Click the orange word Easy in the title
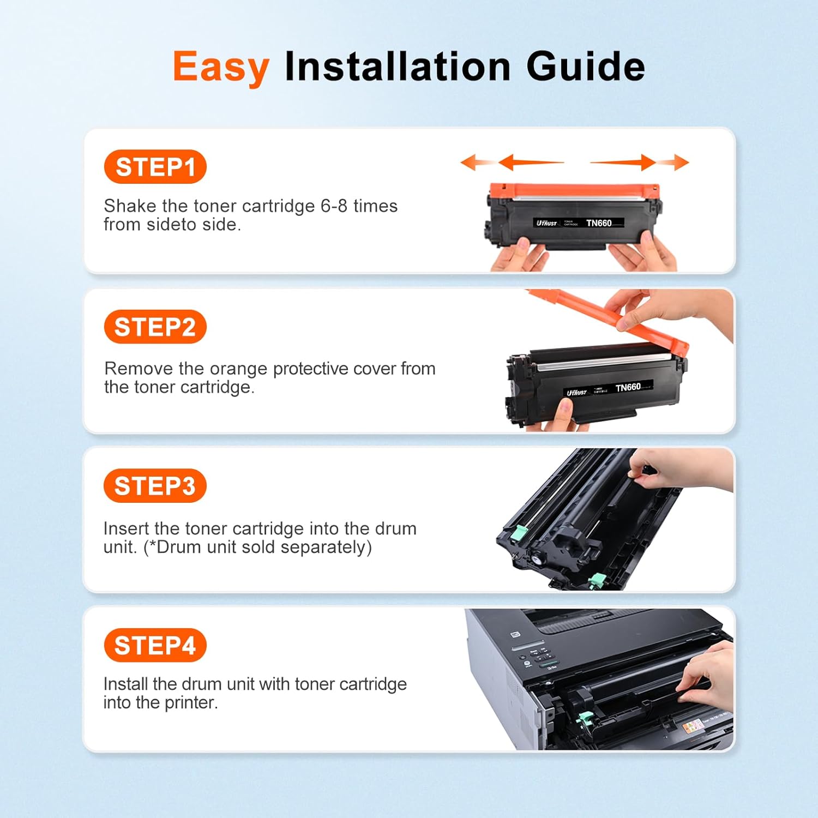click(221, 67)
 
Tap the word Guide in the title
click(585, 67)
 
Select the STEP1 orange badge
click(155, 167)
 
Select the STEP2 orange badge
click(155, 327)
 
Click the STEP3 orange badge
click(155, 485)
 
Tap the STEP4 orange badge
click(155, 645)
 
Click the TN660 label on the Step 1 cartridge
click(599, 223)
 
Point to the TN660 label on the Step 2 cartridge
click(628, 387)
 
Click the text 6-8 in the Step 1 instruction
click(334, 206)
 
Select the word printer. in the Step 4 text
click(191, 702)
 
